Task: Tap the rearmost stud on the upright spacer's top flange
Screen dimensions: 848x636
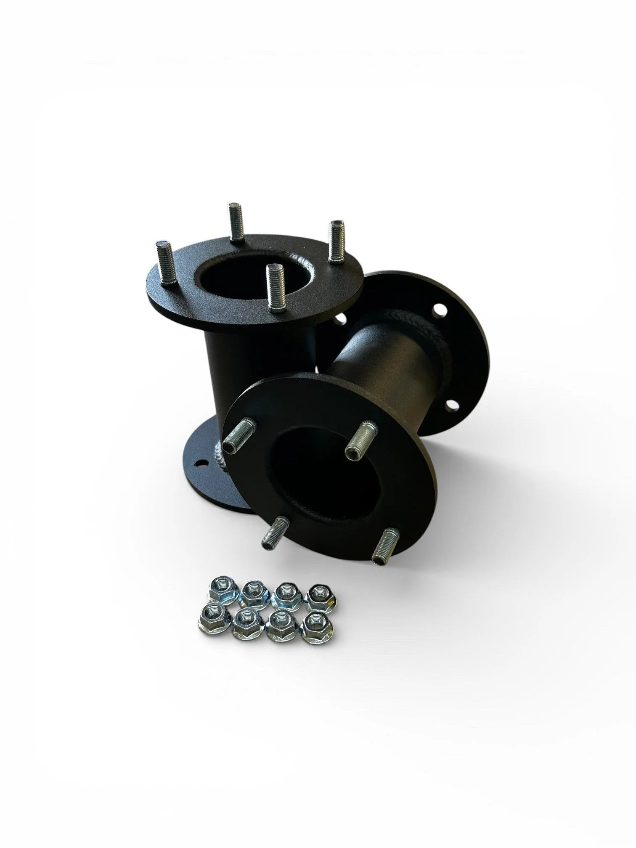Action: click(x=234, y=222)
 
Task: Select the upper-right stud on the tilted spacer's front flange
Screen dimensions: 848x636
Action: click(x=361, y=438)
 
